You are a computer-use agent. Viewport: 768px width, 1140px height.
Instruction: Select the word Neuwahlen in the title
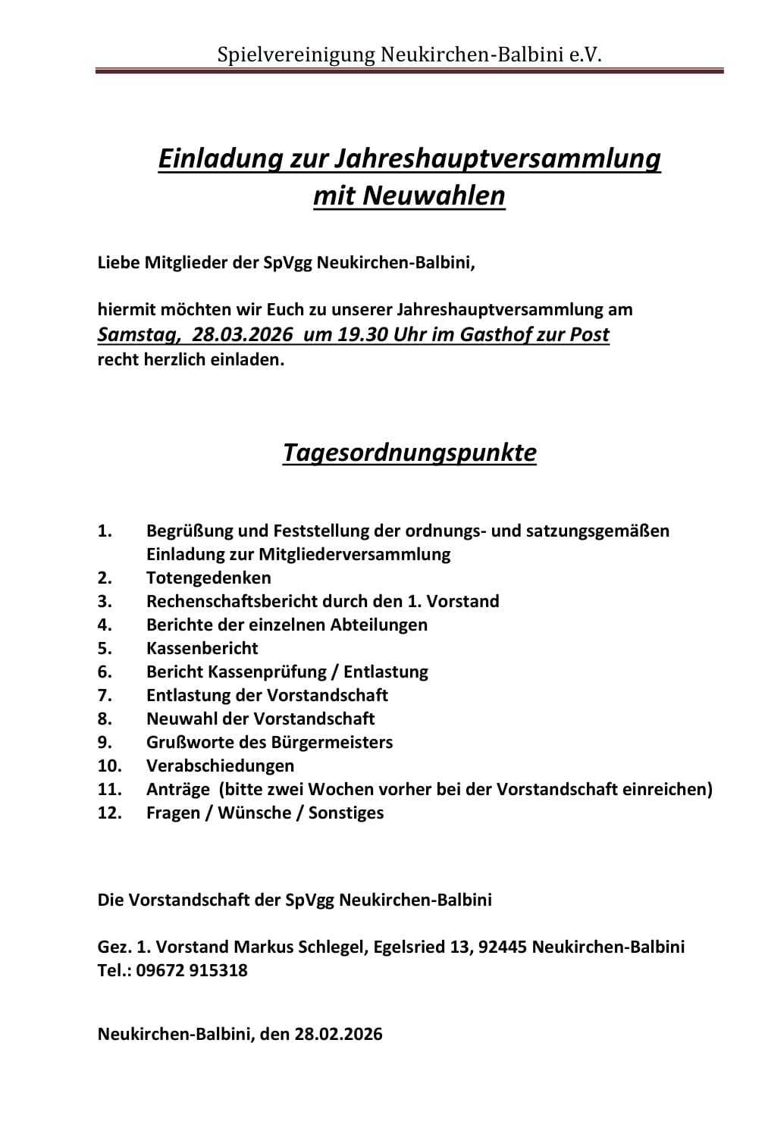[434, 196]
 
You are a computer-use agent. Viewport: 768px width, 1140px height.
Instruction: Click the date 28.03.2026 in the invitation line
[242, 334]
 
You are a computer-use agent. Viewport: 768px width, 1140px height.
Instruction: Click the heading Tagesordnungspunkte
[409, 453]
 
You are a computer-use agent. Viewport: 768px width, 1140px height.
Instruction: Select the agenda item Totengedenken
[208, 578]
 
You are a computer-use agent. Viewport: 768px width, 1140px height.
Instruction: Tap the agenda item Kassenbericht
[202, 648]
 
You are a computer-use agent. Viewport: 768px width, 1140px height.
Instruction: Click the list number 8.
[105, 719]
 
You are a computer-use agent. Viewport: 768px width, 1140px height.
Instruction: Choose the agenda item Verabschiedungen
[220, 766]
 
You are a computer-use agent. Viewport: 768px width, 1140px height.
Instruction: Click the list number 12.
[109, 813]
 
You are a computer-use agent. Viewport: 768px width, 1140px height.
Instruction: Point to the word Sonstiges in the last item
[346, 813]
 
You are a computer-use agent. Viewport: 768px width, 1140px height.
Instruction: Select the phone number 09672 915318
[192, 970]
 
